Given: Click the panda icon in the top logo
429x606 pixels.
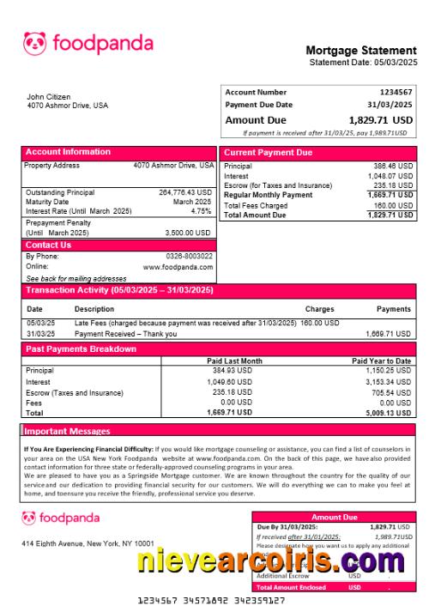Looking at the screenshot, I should (34, 43).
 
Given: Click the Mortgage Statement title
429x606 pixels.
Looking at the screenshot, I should (360, 51).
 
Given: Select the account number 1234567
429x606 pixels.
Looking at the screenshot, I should (396, 92).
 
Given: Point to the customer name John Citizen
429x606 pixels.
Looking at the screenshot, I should (49, 97).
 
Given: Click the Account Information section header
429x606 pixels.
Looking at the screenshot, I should (68, 153).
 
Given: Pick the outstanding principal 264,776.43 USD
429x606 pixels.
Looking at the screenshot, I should (184, 192).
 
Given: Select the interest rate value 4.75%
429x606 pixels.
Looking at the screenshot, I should (201, 211).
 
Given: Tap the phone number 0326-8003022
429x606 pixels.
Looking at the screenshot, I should (189, 256).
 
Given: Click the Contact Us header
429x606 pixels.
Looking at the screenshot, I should (48, 245).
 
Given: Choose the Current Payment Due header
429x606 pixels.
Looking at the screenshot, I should (268, 153).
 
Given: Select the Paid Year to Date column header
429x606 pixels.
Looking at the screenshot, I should (382, 361).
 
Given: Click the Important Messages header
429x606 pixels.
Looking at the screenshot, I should (67, 431).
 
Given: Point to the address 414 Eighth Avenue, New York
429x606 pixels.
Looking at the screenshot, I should (88, 543).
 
